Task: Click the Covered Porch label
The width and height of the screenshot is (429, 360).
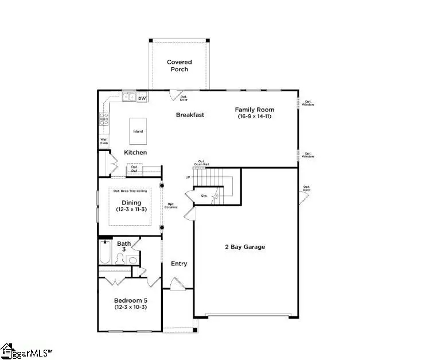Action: [179, 65]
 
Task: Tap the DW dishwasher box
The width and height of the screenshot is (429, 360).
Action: [142, 98]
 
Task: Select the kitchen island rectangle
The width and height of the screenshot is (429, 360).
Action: [138, 131]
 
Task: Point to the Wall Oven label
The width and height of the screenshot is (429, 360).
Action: [104, 141]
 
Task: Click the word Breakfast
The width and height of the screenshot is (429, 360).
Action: [190, 115]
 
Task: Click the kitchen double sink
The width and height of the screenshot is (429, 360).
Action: [128, 98]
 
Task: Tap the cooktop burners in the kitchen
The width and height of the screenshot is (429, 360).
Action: [104, 119]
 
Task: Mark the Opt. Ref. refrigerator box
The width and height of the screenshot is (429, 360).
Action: [134, 169]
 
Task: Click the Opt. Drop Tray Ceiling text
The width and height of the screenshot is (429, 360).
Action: [130, 191]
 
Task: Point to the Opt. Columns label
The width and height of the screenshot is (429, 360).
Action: [171, 206]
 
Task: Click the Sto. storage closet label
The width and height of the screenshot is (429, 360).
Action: [204, 196]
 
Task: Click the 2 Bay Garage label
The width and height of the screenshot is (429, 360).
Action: [244, 247]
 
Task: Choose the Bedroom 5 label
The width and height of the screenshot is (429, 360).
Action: [130, 301]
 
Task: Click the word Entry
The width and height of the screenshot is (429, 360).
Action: [179, 264]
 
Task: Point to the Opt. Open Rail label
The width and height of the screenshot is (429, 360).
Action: [201, 163]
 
